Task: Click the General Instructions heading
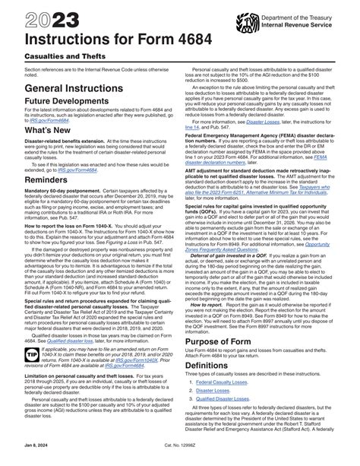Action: coord(69,88)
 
